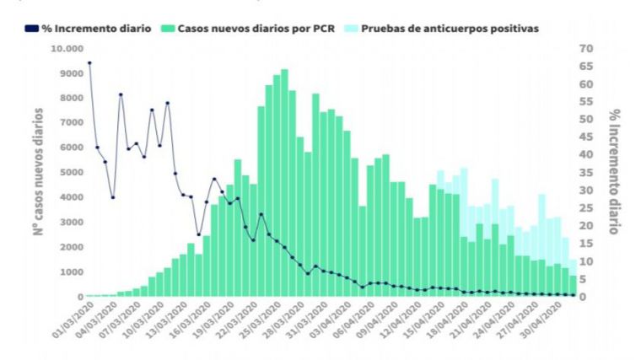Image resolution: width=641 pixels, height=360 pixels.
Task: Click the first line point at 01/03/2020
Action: [x=89, y=62]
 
